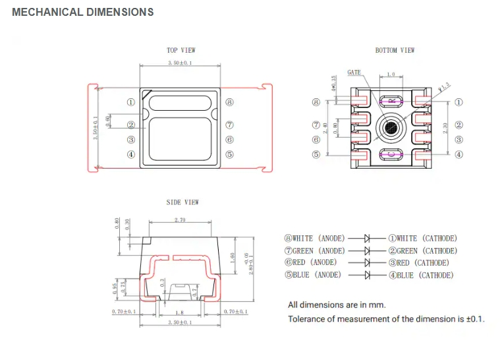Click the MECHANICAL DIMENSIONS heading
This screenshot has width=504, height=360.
[x=83, y=12]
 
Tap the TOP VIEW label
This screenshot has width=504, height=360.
[x=181, y=50]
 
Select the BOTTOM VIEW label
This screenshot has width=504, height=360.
[x=395, y=50]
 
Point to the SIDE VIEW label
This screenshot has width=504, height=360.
[x=182, y=202]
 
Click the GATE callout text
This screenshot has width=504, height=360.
[x=354, y=72]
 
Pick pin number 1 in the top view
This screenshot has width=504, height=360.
[x=131, y=103]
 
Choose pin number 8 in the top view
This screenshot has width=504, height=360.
[x=229, y=103]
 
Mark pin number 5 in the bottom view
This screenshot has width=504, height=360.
[x=316, y=155]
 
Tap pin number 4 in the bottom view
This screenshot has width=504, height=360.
[x=459, y=155]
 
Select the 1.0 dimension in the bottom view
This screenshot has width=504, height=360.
[x=391, y=75]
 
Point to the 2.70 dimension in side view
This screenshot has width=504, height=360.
[x=179, y=219]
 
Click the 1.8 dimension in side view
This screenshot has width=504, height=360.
[x=179, y=311]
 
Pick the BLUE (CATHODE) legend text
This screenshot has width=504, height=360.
[x=420, y=275]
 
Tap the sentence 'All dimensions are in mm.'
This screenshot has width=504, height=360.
[x=337, y=305]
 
